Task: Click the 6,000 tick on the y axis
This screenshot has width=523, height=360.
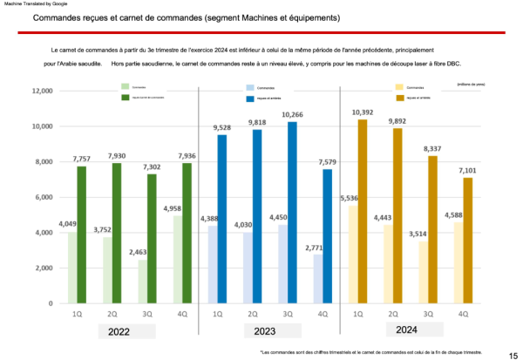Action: (x=44, y=197)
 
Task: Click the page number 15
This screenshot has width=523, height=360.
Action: (x=513, y=355)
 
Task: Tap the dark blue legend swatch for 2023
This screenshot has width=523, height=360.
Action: (x=250, y=98)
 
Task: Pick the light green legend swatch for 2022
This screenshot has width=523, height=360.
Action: (x=125, y=86)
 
